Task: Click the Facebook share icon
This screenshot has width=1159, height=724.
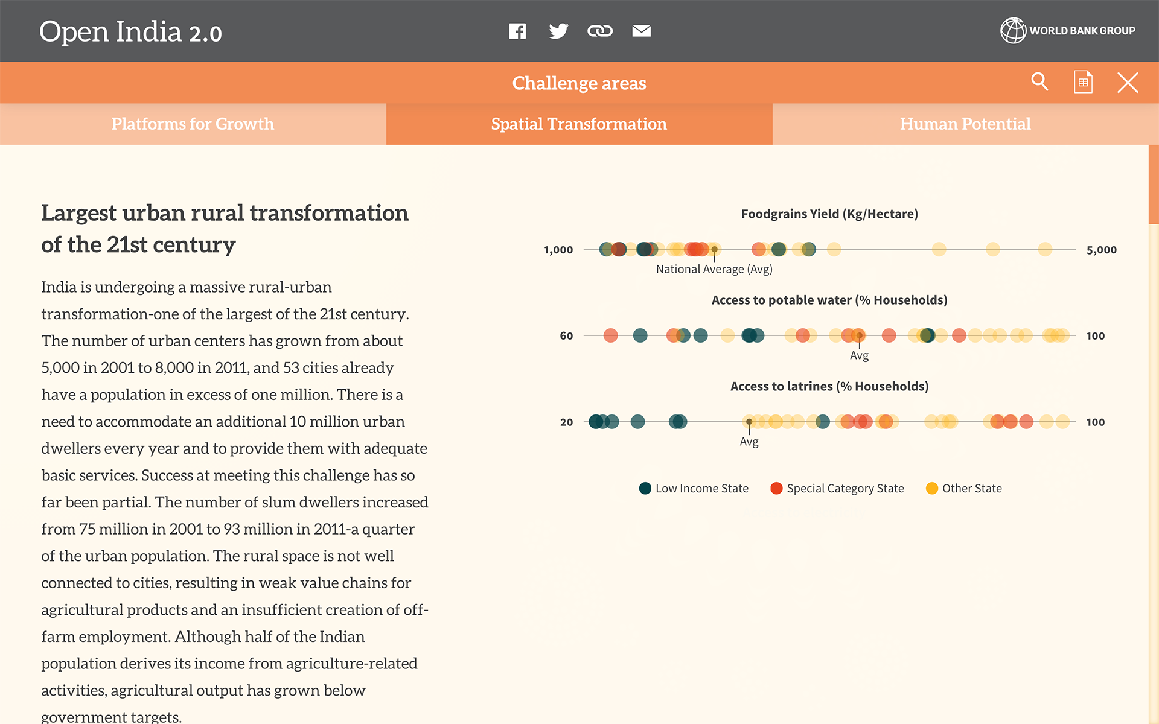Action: [517, 31]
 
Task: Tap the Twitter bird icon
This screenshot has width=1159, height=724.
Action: [558, 31]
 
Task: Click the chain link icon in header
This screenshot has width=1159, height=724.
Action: [600, 31]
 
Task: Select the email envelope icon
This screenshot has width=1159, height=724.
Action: [642, 31]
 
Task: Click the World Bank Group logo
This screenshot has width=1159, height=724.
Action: [1068, 30]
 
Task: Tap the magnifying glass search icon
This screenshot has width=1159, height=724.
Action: [1039, 81]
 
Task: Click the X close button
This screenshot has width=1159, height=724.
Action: [1128, 83]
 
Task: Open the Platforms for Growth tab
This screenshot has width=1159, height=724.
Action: [193, 124]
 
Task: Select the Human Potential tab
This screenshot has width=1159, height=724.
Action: [966, 124]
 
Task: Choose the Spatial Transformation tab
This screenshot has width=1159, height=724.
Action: [579, 124]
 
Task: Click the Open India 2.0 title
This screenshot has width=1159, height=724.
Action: [130, 31]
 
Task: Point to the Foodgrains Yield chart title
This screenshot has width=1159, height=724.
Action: [829, 214]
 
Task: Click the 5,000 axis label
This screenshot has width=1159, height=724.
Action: [1102, 250]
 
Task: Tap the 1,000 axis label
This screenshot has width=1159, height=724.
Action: [558, 250]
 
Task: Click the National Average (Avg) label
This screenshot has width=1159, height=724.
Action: [714, 269]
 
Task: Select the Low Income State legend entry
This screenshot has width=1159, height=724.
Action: [694, 488]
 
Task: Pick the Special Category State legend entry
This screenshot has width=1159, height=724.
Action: [837, 488]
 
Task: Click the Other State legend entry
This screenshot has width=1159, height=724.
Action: [964, 488]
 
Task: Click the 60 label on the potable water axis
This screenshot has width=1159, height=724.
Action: [566, 336]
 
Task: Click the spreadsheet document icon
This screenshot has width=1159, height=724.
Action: [1084, 82]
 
